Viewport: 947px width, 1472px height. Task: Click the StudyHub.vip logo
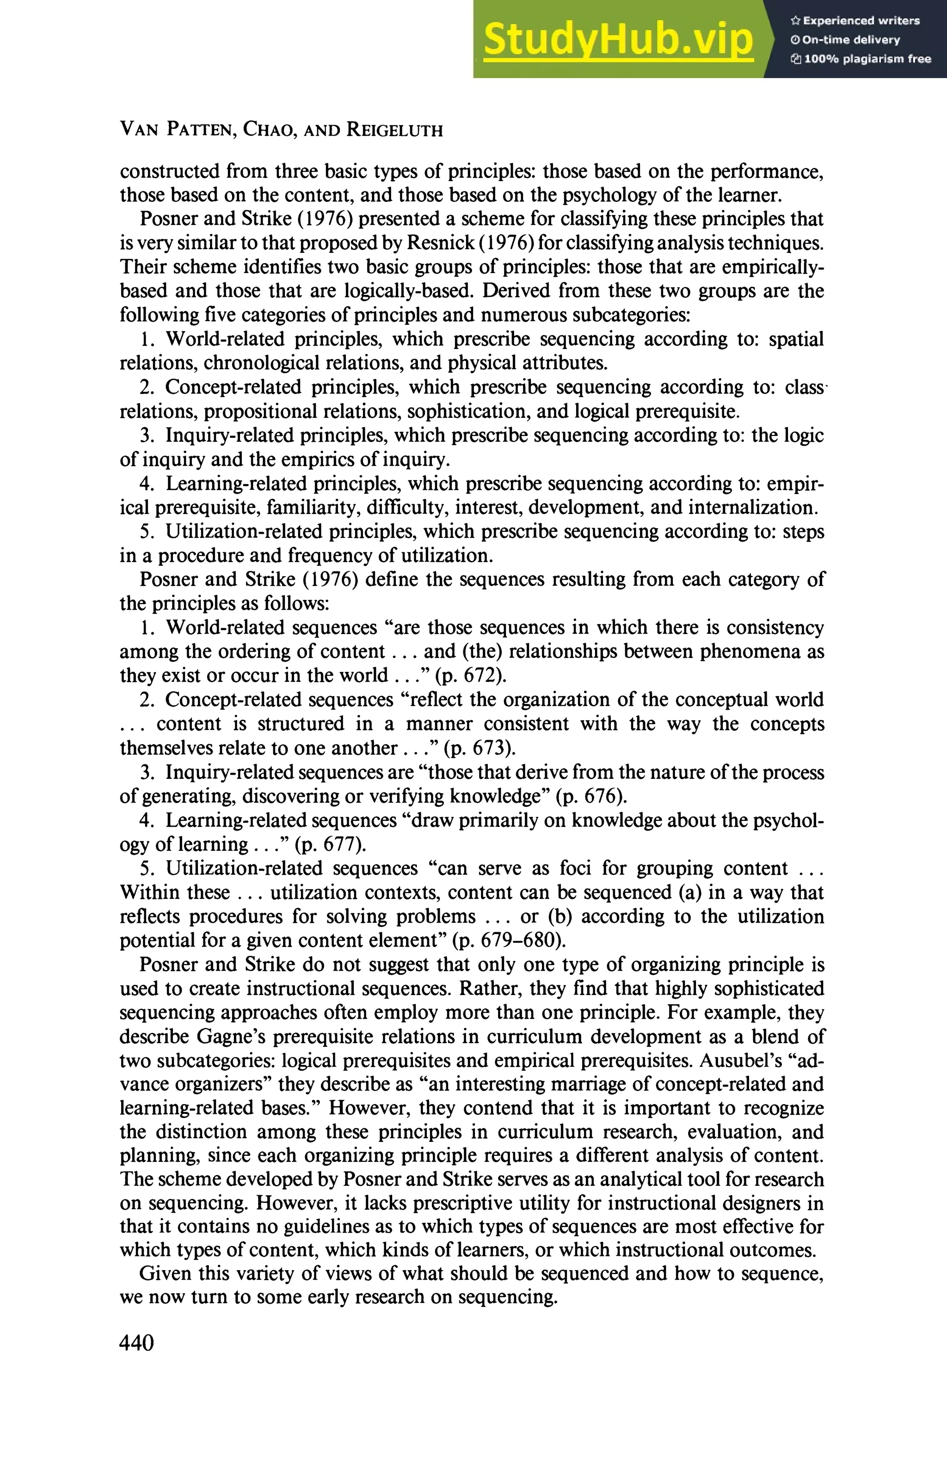[x=618, y=40]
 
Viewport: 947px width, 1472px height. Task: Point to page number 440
[x=136, y=1343]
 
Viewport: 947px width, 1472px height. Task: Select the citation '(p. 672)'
[x=471, y=676]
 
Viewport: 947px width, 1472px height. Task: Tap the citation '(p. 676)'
[x=591, y=796]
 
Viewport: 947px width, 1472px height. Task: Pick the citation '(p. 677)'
[x=331, y=844]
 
